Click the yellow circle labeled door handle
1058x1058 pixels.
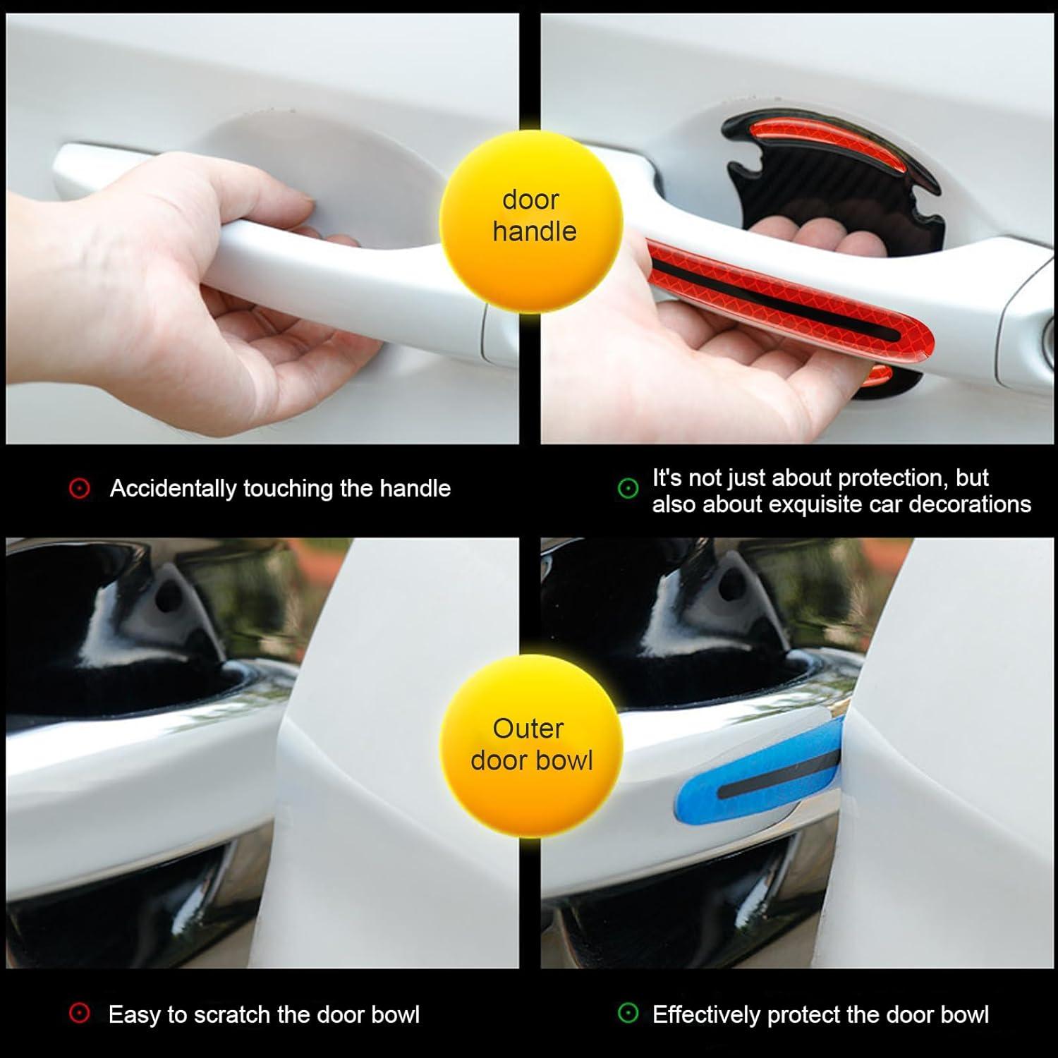click(x=530, y=215)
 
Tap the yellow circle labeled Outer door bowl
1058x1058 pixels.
click(x=530, y=745)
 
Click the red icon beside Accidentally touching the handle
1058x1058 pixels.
click(x=80, y=488)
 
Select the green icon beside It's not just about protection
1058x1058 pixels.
click(x=628, y=489)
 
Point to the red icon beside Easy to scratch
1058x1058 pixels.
click(x=80, y=1014)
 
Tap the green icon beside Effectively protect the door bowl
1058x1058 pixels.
click(x=628, y=1014)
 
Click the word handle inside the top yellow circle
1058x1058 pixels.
click(x=534, y=231)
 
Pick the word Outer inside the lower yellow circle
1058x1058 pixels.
click(x=528, y=729)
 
